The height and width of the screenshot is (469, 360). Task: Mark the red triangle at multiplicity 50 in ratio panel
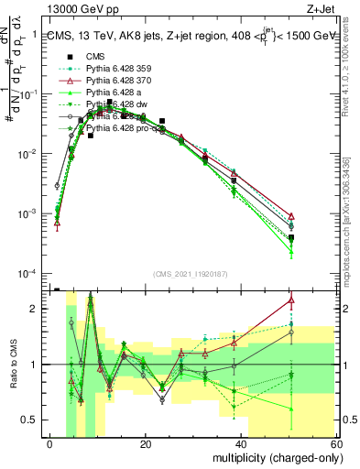291,300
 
